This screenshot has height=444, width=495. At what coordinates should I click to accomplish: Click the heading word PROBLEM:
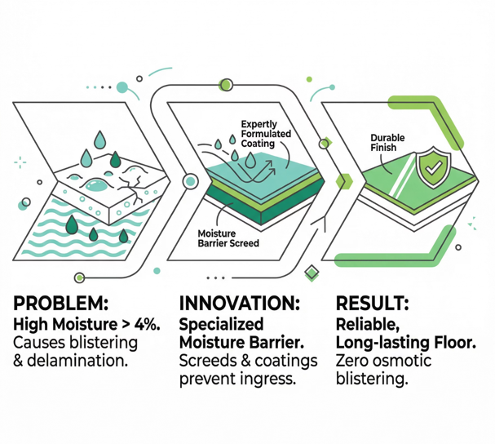coord(60,304)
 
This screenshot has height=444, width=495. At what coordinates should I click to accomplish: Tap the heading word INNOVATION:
coord(238,304)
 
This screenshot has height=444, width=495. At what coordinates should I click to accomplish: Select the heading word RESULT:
coord(373,304)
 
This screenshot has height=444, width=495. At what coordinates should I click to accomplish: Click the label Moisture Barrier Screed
coord(228,238)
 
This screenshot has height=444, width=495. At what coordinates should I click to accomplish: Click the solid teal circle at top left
coord(123,86)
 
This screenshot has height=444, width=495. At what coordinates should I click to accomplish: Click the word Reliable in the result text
coord(365,323)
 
